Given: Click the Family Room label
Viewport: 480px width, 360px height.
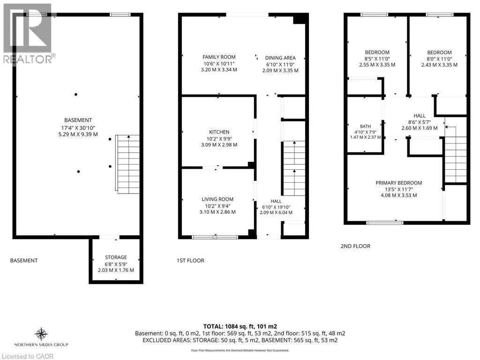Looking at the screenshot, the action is pyautogui.click(x=219, y=57).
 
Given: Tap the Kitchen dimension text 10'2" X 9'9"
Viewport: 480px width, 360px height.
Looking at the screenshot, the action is pyautogui.click(x=219, y=138).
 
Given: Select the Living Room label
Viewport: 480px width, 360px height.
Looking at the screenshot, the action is pyautogui.click(x=217, y=199).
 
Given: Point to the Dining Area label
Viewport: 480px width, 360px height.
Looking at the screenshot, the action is pyautogui.click(x=280, y=58).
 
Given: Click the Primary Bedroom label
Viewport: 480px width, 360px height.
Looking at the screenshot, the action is pyautogui.click(x=399, y=183).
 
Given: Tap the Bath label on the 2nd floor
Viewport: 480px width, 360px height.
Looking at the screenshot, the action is pyautogui.click(x=366, y=126).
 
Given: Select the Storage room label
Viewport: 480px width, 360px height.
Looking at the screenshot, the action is pyautogui.click(x=116, y=257).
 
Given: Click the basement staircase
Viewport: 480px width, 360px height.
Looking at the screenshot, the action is pyautogui.click(x=127, y=164).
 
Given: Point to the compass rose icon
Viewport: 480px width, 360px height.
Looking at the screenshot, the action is pyautogui.click(x=41, y=334).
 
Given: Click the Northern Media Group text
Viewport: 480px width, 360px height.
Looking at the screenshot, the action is pyautogui.click(x=41, y=345).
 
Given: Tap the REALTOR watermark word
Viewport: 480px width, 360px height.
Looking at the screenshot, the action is pyautogui.click(x=28, y=59).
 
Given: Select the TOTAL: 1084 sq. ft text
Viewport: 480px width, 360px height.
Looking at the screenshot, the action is pyautogui.click(x=240, y=327).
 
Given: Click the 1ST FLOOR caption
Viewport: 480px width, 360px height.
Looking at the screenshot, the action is pyautogui.click(x=190, y=261).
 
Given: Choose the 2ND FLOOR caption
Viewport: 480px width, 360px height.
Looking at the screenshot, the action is pyautogui.click(x=355, y=246).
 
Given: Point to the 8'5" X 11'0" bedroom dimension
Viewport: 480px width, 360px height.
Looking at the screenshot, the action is pyautogui.click(x=377, y=59).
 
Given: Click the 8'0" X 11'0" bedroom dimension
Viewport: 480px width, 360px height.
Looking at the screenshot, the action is pyautogui.click(x=439, y=59).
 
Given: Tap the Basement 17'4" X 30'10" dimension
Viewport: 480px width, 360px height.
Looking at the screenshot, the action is pyautogui.click(x=78, y=127).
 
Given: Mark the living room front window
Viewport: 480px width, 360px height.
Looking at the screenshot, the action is pyautogui.click(x=215, y=237).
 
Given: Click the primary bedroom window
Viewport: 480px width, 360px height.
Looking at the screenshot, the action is pyautogui.click(x=385, y=223).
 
